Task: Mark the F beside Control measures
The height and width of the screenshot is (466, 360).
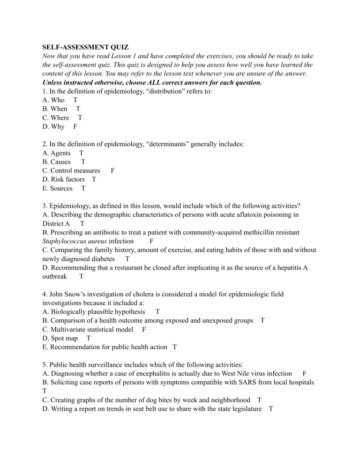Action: tap(112, 171)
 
